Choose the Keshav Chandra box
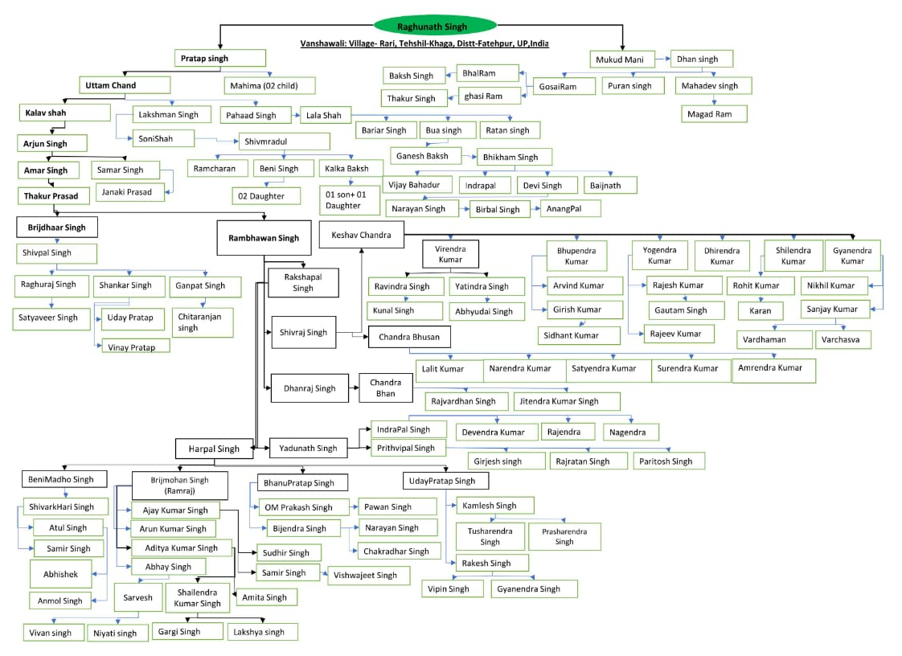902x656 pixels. coord(361,235)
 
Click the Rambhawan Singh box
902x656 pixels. coord(264,238)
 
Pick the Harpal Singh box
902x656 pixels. coord(214,449)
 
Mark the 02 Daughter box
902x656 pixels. coord(266,195)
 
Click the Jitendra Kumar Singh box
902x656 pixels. coord(566,401)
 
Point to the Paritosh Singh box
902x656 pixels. coord(667,461)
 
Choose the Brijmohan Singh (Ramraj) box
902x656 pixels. coord(179,485)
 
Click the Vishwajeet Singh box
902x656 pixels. coord(367,575)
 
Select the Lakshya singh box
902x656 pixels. coord(262,632)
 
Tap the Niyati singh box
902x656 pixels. coord(117,633)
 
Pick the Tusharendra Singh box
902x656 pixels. coord(490,536)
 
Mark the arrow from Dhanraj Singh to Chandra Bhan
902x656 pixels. coord(354,388)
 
